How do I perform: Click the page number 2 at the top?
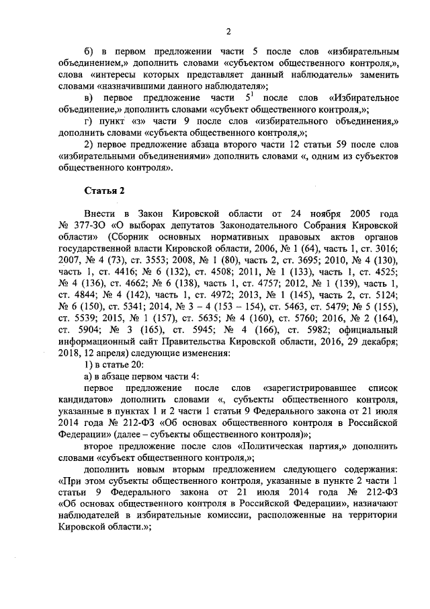pos(228,32)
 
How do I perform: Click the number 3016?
pos(381,249)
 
